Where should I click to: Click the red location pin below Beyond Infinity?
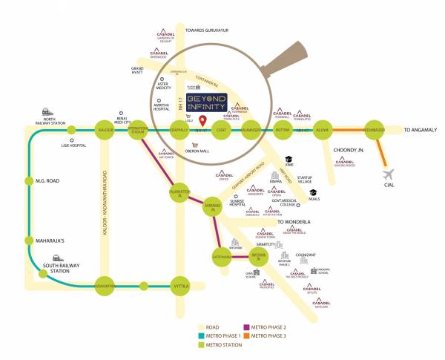202,120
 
